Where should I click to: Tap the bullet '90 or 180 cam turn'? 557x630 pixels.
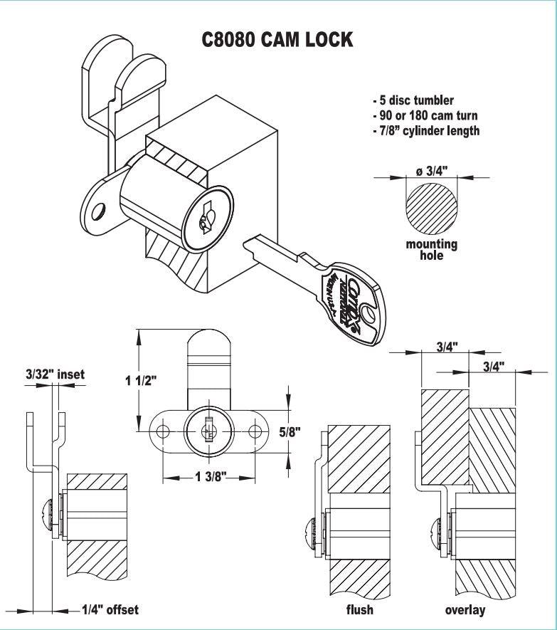point(425,115)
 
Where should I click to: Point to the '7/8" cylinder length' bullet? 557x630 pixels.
point(426,130)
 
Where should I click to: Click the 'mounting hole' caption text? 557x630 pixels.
point(431,249)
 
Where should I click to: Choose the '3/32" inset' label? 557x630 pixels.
point(55,374)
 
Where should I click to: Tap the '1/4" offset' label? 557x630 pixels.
point(109,609)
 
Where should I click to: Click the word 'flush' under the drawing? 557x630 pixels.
point(359,610)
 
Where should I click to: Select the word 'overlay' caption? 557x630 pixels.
point(465,610)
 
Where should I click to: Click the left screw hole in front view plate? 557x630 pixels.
point(162,431)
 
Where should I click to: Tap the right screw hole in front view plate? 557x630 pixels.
point(255,431)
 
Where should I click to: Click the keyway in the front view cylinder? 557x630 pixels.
point(208,431)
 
